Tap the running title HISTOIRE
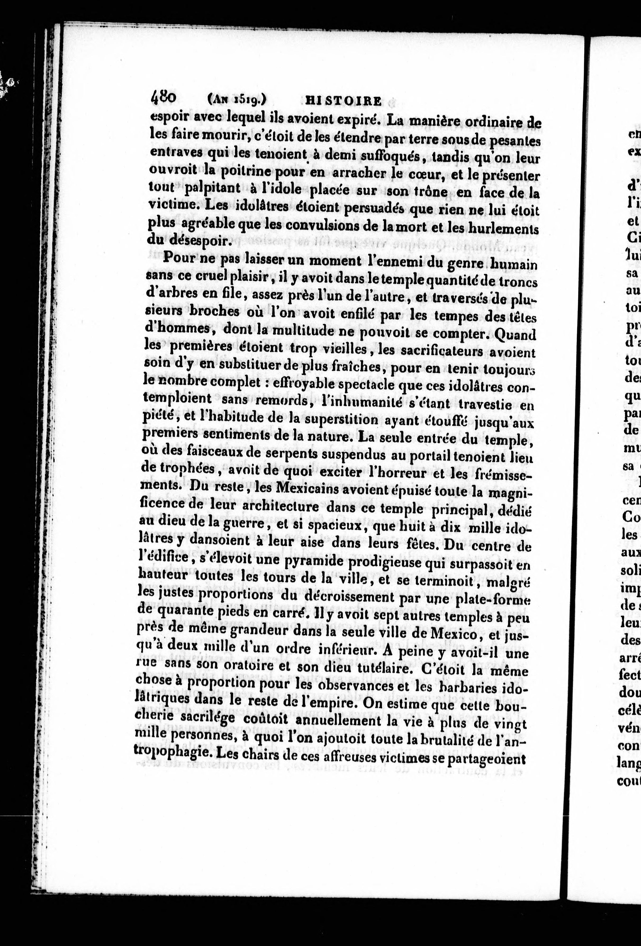click(x=343, y=100)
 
